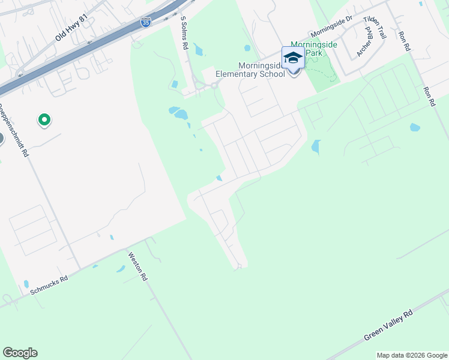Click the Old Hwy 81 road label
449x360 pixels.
71,28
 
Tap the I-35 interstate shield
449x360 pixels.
146,22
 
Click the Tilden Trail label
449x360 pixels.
375,28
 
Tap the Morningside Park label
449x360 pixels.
315,49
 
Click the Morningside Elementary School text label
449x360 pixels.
250,70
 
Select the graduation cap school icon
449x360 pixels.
293,58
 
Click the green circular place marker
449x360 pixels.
44,120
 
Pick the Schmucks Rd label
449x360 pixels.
49,285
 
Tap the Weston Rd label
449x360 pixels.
137,266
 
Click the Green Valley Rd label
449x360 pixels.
389,326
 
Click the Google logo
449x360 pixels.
20,353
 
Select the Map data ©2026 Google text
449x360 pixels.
412,355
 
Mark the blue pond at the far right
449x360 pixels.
414,127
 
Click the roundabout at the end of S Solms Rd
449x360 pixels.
214,85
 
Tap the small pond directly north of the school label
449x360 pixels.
247,48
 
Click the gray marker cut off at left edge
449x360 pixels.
1,139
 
